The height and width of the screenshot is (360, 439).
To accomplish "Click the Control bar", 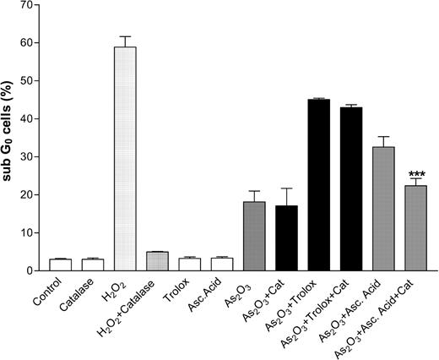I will tap(60, 265).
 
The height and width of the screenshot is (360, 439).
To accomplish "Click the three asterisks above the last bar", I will tap(416, 168).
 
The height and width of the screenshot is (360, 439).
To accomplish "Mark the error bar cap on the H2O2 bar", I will tap(125, 36).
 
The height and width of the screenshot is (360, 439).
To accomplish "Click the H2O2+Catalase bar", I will tap(157, 261).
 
